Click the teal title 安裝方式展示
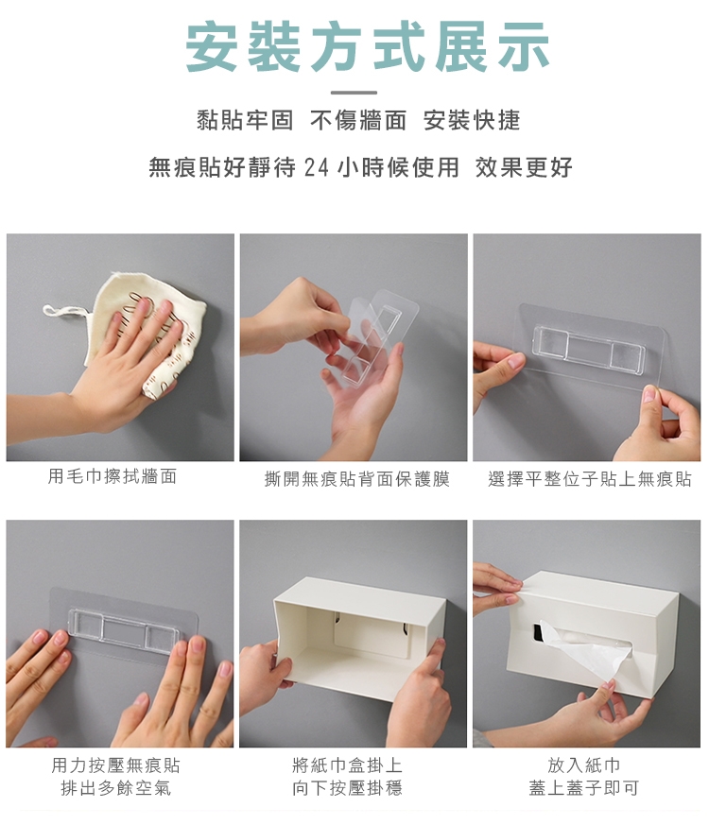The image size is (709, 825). coord(368,47)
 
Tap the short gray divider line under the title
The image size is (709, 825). coord(354,93)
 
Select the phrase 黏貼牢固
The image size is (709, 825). coord(245,120)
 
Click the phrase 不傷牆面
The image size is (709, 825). coord(358,120)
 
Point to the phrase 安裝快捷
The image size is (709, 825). coord(472,120)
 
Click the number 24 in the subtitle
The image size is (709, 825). coord(317,168)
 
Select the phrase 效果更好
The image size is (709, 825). coord(524,167)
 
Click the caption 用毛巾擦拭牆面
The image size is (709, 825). coord(112,476)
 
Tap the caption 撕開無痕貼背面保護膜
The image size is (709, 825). coord(357,479)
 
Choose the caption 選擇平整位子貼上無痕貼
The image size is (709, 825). coord(590,479)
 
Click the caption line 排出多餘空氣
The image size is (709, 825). coord(115,787)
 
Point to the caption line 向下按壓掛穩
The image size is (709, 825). coord(347,787)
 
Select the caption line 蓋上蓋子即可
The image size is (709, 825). coord(583,787)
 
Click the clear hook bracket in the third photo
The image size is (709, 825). coord(590,347)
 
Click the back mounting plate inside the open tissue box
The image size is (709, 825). coord(372,636)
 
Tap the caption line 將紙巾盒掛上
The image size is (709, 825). coord(347,765)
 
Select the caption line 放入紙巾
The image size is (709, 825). coord(583,765)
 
